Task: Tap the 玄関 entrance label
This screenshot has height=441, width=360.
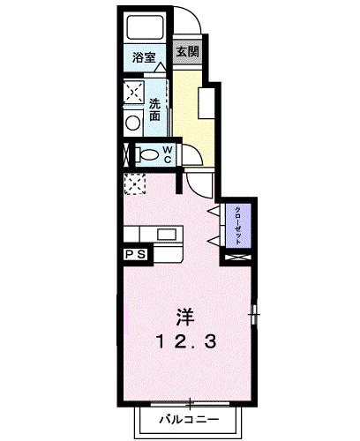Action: click(186, 52)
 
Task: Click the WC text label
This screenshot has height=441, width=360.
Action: click(167, 155)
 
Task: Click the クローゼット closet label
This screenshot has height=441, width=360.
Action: click(239, 225)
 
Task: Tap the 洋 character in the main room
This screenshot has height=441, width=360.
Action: click(184, 315)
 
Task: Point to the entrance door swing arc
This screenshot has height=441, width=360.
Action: click(188, 22)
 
